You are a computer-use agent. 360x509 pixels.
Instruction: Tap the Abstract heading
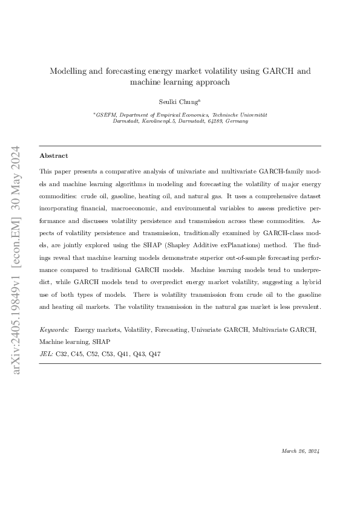(53, 155)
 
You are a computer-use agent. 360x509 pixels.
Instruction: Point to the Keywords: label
(54, 330)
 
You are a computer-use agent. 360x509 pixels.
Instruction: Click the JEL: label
(46, 352)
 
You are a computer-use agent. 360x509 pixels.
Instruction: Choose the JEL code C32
(62, 352)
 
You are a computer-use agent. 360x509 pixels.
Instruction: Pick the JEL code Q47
(154, 352)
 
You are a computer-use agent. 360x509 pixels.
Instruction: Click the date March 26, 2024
(301, 451)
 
